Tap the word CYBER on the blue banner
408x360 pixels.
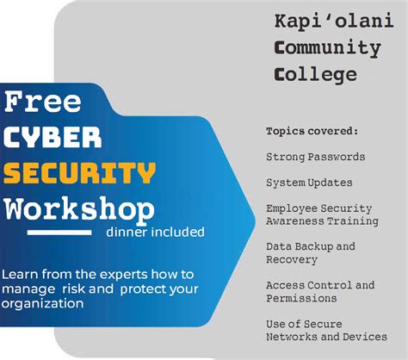tap(53, 138)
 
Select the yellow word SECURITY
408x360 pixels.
tap(79, 173)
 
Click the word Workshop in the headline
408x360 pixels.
tap(79, 209)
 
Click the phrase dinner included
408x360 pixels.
tap(155, 232)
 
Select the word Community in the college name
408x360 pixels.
tap(326, 47)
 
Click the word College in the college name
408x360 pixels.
tap(315, 75)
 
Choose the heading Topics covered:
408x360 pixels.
tap(312, 131)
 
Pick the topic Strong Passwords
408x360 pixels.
tap(315, 158)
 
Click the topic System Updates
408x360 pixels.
tap(308, 183)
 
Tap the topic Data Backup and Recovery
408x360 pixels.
tap(310, 252)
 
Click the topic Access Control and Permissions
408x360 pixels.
tap(319, 291)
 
